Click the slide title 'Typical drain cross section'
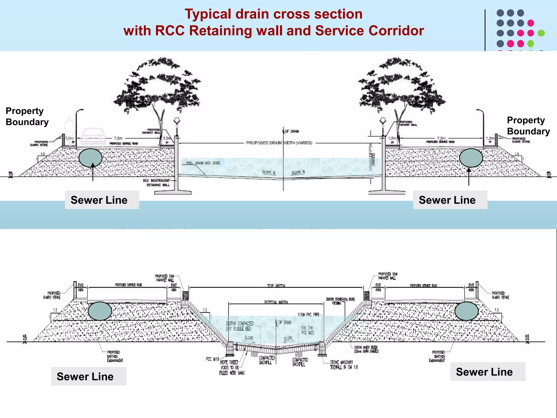274,14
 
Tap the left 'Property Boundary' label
27,116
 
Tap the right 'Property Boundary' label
528,126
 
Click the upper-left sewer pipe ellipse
91,158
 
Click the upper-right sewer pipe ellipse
471,158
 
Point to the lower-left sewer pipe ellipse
100,311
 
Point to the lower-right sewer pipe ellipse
466,311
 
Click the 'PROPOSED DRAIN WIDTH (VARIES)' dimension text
279,143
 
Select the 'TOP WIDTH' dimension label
276,286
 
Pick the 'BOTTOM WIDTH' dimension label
276,302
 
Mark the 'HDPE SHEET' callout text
229,362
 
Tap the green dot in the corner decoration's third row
541,33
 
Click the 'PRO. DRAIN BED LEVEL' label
203,163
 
